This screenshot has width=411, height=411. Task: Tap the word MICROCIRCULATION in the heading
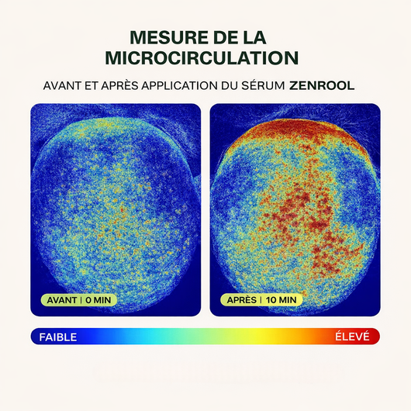[202, 57]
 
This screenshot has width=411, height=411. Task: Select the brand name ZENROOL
[322, 86]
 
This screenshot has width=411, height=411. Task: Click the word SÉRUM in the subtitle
[263, 86]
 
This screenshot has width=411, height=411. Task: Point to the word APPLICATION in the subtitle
[180, 86]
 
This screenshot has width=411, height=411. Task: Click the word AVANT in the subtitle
[62, 86]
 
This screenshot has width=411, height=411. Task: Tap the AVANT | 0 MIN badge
[79, 300]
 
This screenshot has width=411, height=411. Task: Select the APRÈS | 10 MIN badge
[261, 300]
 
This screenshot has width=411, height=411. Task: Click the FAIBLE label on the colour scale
[58, 337]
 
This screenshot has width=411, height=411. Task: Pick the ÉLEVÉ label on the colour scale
[352, 337]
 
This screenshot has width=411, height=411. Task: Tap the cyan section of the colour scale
[147, 337]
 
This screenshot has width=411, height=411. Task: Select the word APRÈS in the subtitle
[119, 86]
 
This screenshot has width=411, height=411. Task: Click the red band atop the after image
[296, 129]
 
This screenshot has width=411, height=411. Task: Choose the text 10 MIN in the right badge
[281, 300]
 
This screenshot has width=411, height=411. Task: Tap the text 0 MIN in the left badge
[98, 300]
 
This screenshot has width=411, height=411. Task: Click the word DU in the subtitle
[230, 86]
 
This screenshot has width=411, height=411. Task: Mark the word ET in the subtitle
[92, 86]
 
